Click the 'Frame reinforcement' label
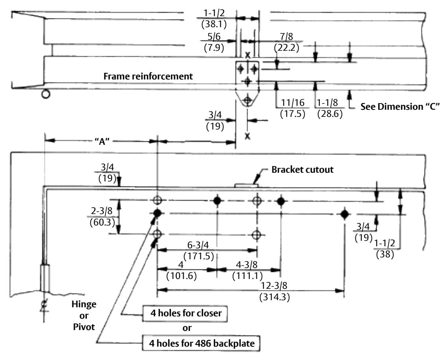(x=148, y=76)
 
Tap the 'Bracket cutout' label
(x=303, y=170)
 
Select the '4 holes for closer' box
(x=185, y=313)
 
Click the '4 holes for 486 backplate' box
(x=201, y=343)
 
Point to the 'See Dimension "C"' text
(x=400, y=107)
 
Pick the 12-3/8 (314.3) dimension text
(x=274, y=291)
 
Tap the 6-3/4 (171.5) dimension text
(x=198, y=250)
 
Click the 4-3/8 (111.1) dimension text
(x=247, y=270)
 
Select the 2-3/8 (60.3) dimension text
(x=102, y=217)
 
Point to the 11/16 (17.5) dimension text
(x=292, y=108)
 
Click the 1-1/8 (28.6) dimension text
(x=330, y=108)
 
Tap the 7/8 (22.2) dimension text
(x=287, y=42)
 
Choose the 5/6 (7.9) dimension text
(x=214, y=42)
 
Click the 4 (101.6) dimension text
(x=181, y=270)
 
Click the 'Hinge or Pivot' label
(x=83, y=316)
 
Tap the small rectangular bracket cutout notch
(x=246, y=185)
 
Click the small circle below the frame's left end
(x=46, y=94)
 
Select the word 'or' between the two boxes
(x=187, y=328)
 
